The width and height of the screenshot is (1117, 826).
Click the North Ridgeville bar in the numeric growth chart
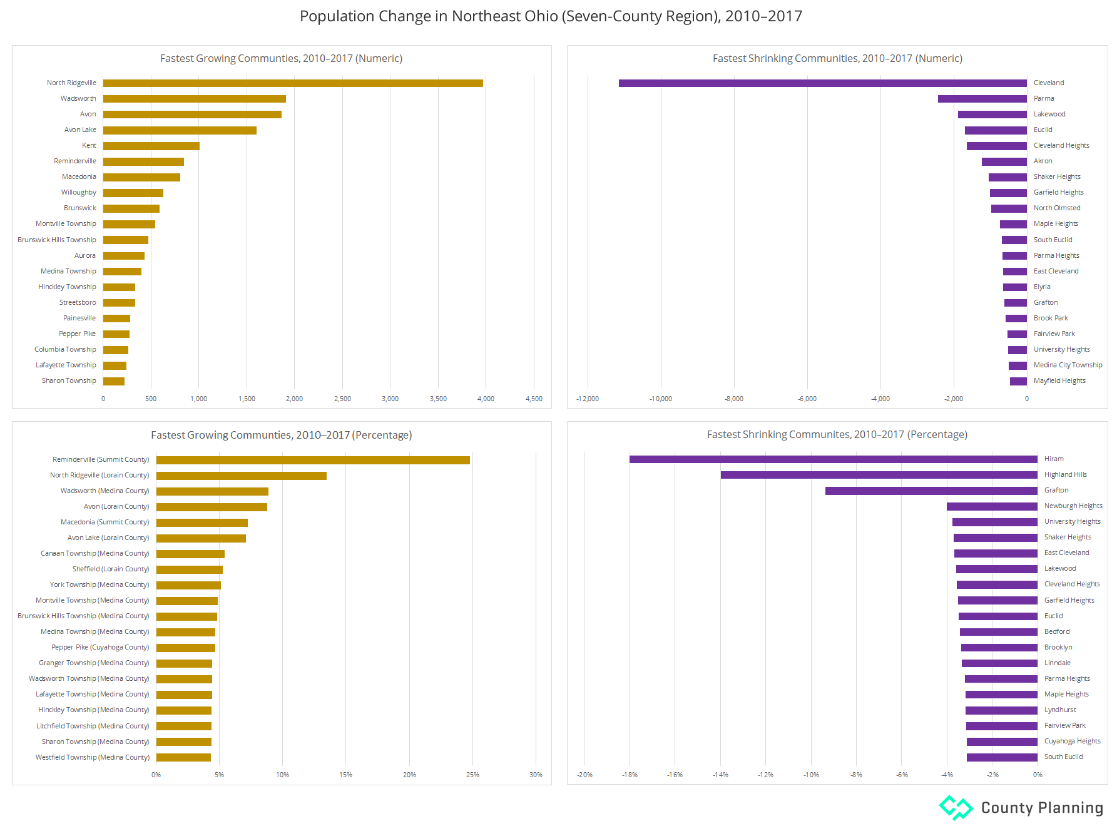(293, 83)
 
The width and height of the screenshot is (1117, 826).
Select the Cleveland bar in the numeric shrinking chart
(822, 83)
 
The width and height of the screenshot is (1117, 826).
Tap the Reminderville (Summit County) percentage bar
(313, 460)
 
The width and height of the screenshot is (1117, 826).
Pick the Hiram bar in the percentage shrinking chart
(833, 459)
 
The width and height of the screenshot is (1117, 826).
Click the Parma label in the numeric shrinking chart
(1043, 99)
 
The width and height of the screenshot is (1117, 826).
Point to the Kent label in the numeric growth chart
(89, 146)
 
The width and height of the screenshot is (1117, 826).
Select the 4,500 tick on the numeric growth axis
(534, 399)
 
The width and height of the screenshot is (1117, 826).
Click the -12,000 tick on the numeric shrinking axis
(587, 399)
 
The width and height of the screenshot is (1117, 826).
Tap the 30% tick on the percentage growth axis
(536, 775)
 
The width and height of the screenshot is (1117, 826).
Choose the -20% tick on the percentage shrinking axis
(584, 775)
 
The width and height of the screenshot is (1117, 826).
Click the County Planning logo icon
(956, 807)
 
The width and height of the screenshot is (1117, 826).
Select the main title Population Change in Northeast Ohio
(551, 16)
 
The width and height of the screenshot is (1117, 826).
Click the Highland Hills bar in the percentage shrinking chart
(879, 475)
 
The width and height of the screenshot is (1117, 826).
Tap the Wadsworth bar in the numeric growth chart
(194, 99)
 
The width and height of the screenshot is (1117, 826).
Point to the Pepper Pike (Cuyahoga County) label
(100, 648)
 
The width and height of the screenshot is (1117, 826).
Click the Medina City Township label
(1068, 365)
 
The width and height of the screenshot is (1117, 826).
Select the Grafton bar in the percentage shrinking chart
(931, 491)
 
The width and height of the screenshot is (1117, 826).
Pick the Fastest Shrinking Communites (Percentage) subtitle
(837, 435)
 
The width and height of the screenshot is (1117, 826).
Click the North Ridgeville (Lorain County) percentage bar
(241, 476)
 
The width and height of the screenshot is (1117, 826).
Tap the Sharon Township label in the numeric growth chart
(69, 381)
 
